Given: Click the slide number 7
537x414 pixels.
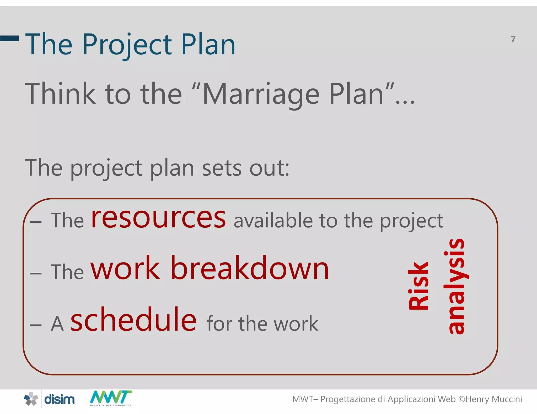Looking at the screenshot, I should click(x=513, y=39).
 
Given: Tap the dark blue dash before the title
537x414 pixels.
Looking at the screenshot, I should click(x=10, y=38).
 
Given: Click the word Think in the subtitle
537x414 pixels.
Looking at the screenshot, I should click(x=60, y=93).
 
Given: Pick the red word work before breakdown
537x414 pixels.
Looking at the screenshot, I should click(x=125, y=268).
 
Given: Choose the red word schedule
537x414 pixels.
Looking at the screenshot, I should click(x=133, y=320).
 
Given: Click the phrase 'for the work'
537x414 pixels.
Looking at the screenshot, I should click(x=262, y=324).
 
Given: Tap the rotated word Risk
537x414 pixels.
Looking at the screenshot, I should click(x=419, y=286).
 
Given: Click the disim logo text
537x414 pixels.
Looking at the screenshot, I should click(x=59, y=400).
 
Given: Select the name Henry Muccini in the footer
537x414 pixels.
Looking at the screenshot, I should click(x=493, y=399).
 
